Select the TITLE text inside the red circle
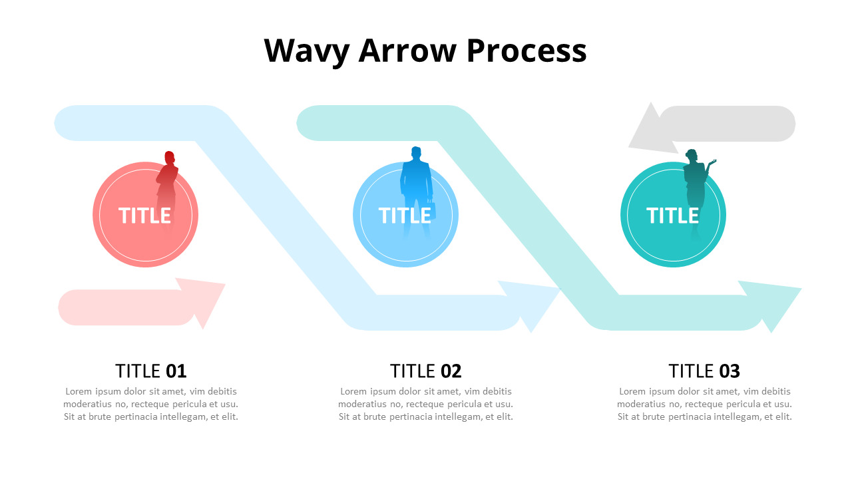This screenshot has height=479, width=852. click(x=144, y=216)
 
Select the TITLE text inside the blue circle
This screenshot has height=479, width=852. click(x=405, y=216)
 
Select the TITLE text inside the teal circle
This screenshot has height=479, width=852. click(x=672, y=216)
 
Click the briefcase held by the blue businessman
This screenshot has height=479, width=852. click(x=431, y=212)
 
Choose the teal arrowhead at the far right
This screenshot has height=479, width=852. click(x=775, y=303)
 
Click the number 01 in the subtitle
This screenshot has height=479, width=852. click(x=176, y=371)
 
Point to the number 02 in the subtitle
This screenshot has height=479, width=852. click(x=451, y=371)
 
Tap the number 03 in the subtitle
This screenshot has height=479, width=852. click(x=730, y=371)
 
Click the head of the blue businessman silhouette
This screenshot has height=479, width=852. click(x=417, y=153)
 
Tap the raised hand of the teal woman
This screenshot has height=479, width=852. click(x=713, y=162)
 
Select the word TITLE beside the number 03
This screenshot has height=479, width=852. click(x=692, y=371)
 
